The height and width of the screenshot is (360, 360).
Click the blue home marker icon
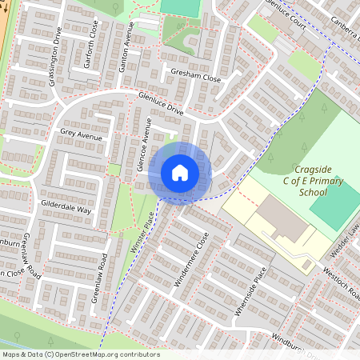point(179,173)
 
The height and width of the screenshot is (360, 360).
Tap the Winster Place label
point(143,233)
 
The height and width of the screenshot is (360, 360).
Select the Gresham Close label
point(195,78)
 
